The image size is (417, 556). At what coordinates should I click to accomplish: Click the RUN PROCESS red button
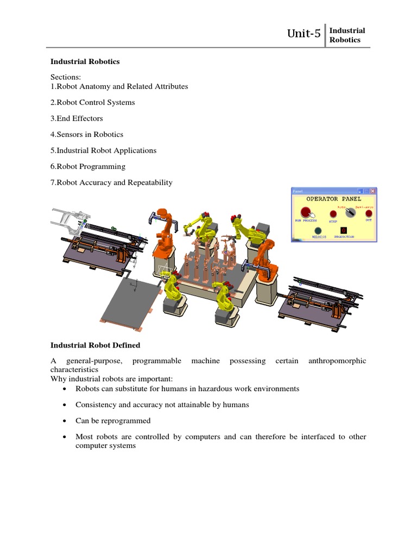pos(306,212)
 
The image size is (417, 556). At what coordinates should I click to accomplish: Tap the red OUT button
pos(369,213)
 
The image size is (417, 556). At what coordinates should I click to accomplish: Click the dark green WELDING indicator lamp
pos(318,231)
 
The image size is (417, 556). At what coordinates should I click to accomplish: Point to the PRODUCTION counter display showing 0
pos(343,231)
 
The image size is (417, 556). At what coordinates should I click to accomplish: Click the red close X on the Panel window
pos(373,191)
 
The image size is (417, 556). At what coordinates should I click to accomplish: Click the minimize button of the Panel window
pos(359,191)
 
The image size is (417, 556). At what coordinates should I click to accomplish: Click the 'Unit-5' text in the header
pos(304,35)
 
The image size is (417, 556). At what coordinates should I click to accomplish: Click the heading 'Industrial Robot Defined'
pos(96,345)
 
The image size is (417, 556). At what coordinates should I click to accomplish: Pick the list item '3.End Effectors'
pos(77,118)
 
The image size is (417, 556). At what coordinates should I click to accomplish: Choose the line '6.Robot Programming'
pos(88,166)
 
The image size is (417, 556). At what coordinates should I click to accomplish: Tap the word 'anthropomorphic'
pos(337,361)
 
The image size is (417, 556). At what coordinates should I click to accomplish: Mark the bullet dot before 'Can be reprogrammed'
pos(65,421)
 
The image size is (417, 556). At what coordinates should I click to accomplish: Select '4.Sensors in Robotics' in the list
pos(87,134)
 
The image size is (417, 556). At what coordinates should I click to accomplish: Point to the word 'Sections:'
pos(66,78)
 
